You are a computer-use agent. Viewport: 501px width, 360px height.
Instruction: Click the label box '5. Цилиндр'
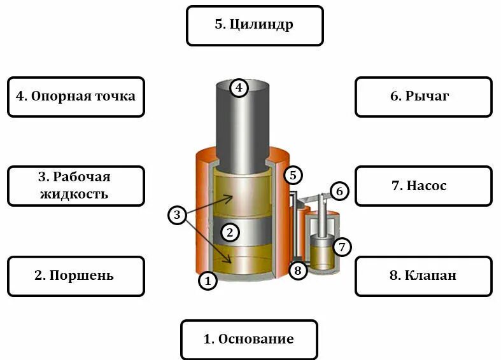point(255,25)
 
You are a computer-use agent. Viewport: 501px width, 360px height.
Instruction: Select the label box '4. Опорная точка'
point(76,97)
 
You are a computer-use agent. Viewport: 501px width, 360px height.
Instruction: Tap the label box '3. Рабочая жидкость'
point(76,186)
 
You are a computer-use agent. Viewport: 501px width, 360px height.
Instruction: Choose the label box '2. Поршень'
point(76,276)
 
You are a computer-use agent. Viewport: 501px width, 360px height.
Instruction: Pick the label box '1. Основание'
point(249,340)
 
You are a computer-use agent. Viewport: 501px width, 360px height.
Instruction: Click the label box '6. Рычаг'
point(423,97)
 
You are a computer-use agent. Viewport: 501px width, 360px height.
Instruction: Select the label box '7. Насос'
point(423,186)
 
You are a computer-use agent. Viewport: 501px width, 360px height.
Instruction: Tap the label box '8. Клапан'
point(423,276)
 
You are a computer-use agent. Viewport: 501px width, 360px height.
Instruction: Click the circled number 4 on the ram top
point(238,87)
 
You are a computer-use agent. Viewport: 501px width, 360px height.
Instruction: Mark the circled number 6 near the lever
point(339,190)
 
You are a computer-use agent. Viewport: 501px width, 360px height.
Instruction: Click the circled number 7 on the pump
point(342,246)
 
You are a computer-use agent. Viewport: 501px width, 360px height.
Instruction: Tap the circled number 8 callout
point(297,271)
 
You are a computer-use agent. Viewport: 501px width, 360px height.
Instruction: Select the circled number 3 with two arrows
point(178,216)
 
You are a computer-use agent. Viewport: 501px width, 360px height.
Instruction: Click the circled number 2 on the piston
point(230,232)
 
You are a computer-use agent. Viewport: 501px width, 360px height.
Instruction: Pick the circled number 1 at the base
point(207,280)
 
